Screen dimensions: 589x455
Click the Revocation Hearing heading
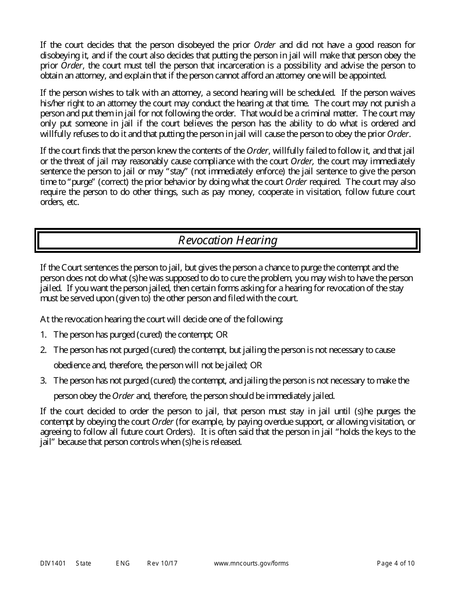(227, 240)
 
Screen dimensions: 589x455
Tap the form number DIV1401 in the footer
(53, 563)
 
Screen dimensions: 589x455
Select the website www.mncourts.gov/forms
(251, 563)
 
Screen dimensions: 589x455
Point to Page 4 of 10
(396, 563)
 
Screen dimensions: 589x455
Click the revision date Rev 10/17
(162, 563)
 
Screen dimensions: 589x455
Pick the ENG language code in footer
(123, 563)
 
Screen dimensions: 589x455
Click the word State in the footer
(83, 563)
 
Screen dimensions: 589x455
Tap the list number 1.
(43, 335)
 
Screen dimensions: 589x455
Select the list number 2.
(43, 350)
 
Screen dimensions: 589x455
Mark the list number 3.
(43, 381)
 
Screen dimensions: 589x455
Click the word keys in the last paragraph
(382, 432)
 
